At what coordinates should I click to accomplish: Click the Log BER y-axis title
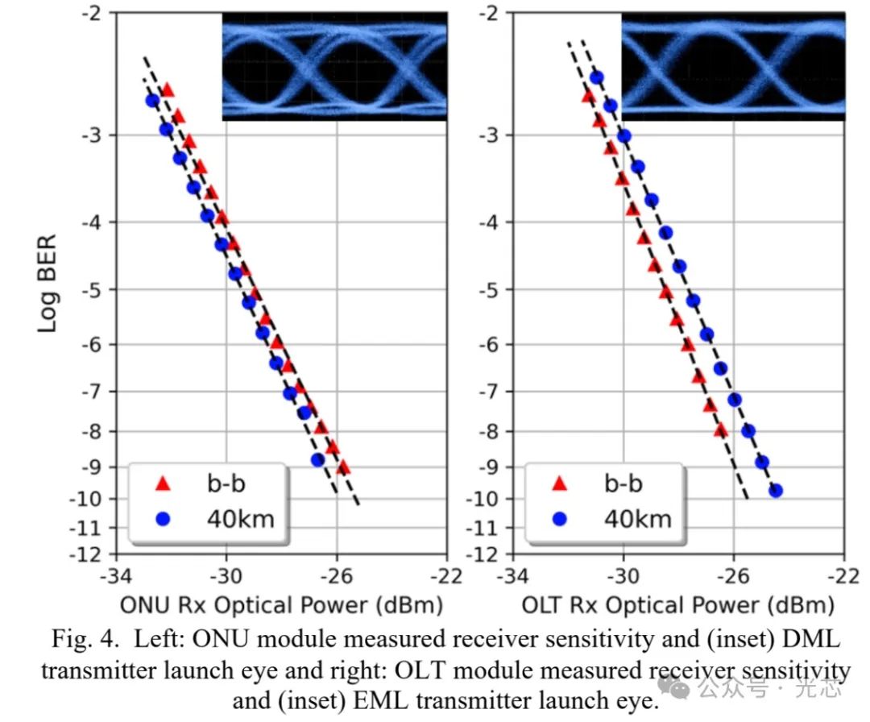click(48, 284)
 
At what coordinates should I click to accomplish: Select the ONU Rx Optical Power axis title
click(281, 605)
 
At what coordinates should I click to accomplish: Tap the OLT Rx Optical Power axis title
click(678, 605)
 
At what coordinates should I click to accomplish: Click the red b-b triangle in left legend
click(163, 483)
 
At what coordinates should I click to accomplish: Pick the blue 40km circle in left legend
click(163, 519)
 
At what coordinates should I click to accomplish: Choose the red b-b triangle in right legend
click(560, 483)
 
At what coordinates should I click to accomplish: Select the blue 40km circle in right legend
click(560, 519)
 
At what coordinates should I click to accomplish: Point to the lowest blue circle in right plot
click(776, 491)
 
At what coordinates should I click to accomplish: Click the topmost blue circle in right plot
click(596, 77)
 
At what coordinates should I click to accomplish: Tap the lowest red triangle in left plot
click(343, 467)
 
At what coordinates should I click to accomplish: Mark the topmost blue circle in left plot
click(152, 101)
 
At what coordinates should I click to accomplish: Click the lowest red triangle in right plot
click(721, 430)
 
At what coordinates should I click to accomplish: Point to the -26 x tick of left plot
click(336, 576)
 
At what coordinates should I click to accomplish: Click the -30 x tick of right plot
click(623, 576)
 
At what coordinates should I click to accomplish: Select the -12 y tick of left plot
click(86, 554)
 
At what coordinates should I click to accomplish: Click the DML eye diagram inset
click(334, 66)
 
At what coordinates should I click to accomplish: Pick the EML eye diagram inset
click(733, 66)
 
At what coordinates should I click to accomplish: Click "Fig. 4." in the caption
click(85, 639)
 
